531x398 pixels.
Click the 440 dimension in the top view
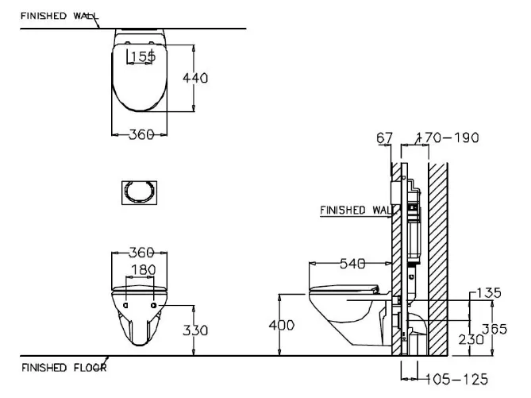tap(196, 78)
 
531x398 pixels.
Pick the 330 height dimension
tap(196, 329)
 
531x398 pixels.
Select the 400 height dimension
tap(282, 325)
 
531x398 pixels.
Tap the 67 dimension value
tap(384, 138)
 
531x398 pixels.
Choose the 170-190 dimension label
tap(452, 138)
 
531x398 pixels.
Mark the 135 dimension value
tap(489, 293)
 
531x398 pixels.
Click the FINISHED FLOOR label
tap(63, 368)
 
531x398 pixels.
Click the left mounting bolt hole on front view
tap(127, 305)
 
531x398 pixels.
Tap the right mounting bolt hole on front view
tap(154, 305)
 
